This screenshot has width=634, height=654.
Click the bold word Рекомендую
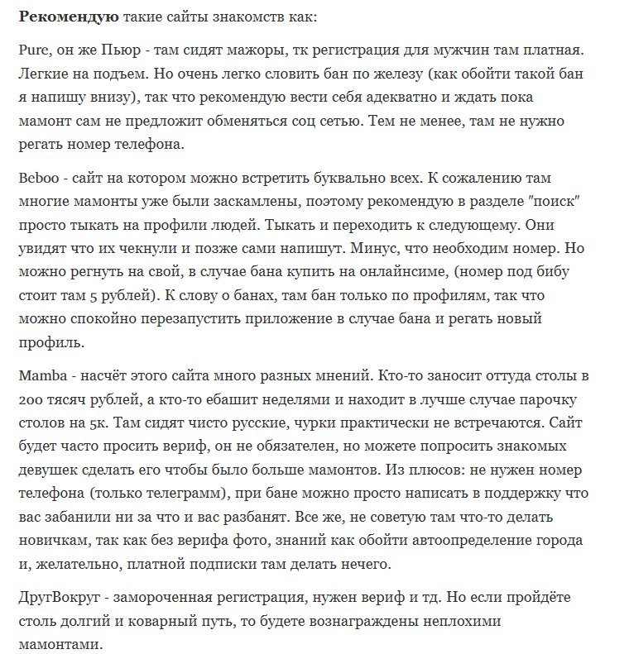tap(68, 17)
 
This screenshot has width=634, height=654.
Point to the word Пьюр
tap(105, 51)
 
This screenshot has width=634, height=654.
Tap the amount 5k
tap(103, 422)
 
